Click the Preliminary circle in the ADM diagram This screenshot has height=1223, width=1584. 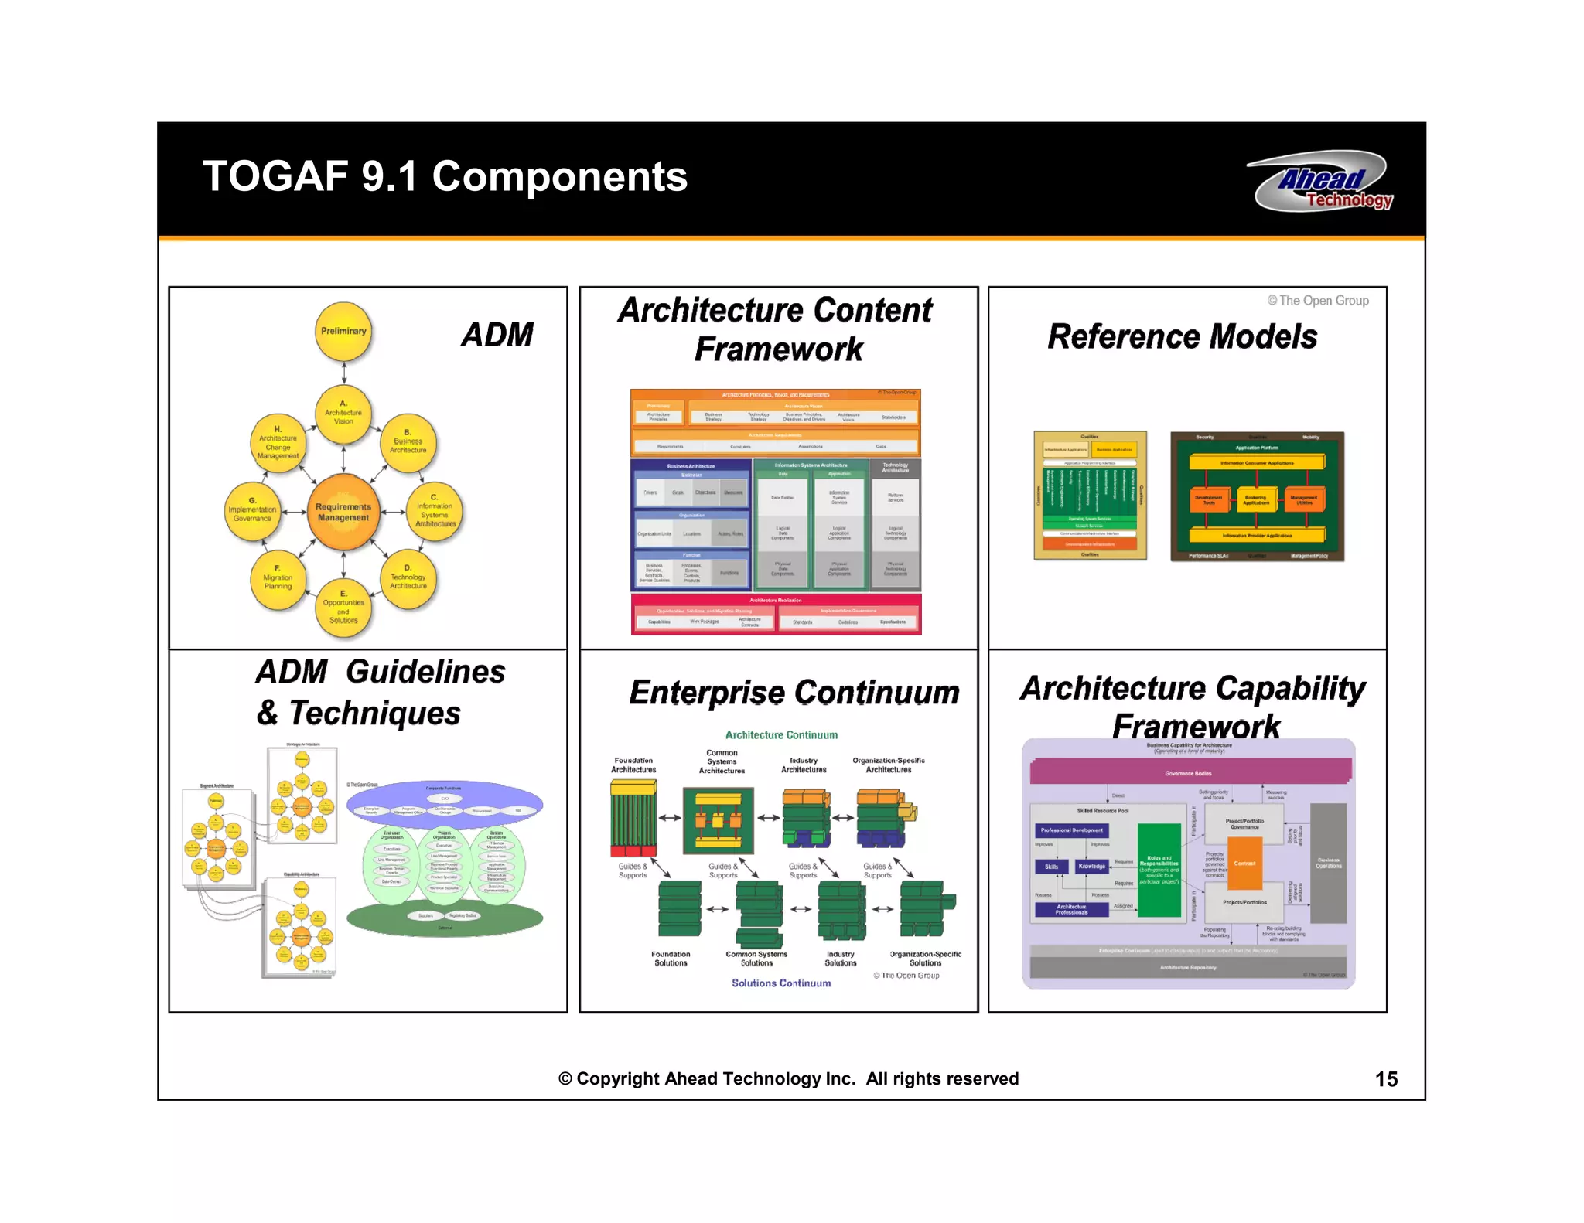[343, 332]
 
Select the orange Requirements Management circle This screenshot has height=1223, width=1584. [343, 513]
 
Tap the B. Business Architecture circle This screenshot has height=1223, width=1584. [408, 441]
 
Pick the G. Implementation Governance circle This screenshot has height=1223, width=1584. [252, 510]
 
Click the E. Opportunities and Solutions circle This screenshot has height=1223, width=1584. [343, 608]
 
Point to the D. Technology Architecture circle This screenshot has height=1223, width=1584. [408, 577]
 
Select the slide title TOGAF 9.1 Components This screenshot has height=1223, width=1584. [445, 176]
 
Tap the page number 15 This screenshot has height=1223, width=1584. [1385, 1079]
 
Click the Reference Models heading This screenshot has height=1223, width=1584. [1182, 337]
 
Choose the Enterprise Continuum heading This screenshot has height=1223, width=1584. [794, 693]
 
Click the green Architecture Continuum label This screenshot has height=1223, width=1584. [781, 735]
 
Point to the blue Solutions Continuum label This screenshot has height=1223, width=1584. [781, 983]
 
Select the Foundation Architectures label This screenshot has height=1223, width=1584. [633, 765]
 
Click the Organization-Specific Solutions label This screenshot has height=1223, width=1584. [925, 959]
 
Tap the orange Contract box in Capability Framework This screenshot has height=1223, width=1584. [1244, 864]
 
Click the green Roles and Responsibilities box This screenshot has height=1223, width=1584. [1159, 870]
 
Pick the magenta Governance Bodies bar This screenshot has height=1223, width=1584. [1188, 773]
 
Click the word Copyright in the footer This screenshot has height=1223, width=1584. [617, 1079]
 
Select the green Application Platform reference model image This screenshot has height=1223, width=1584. [1257, 496]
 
